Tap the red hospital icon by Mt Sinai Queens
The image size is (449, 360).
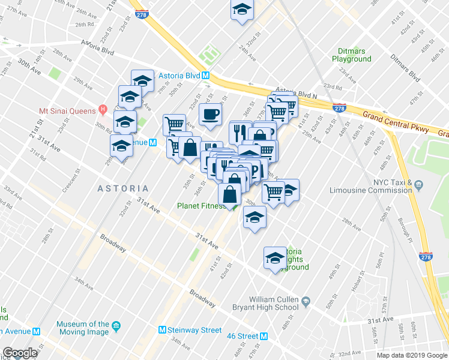tap(103, 110)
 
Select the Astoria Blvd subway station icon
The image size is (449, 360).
tap(205, 76)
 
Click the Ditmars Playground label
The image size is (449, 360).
tap(352, 55)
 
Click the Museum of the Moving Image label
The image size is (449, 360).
tap(83, 328)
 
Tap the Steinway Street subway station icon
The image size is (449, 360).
tap(162, 330)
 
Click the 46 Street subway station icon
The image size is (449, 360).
tap(264, 336)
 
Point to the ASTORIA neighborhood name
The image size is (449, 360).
tap(122, 188)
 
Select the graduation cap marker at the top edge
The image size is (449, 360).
tap(242, 10)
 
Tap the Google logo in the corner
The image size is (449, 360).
tap(20, 353)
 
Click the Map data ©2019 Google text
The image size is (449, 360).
tap(412, 355)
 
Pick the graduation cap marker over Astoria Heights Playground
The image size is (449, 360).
tap(276, 259)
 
